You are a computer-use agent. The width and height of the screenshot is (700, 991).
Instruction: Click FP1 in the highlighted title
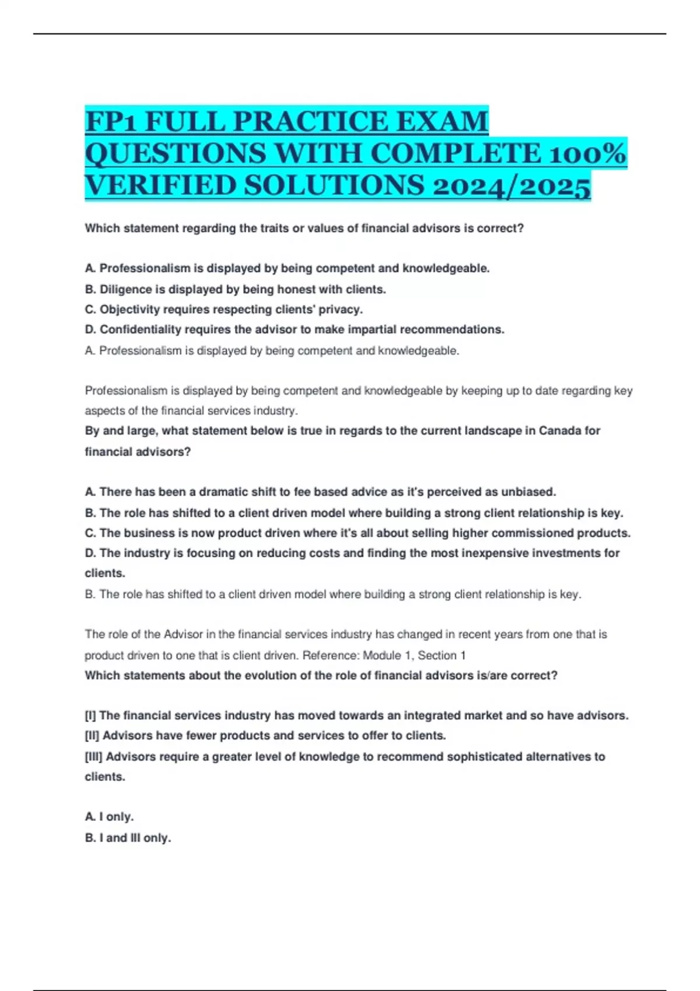click(111, 122)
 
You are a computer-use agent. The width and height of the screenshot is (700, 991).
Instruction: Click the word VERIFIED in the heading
click(159, 186)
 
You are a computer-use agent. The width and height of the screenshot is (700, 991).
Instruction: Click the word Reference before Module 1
click(330, 655)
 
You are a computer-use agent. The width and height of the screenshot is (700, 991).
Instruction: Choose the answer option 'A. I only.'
click(109, 817)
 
